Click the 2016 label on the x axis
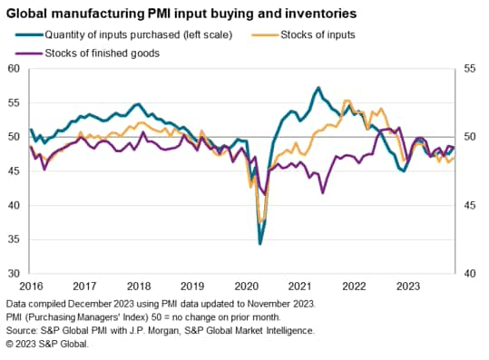click(32, 285)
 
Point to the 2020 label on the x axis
click(248, 285)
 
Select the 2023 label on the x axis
click(410, 285)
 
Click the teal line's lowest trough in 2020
click(260, 243)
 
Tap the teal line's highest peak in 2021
click(318, 88)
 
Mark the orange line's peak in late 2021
click(347, 101)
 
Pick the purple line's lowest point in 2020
click(264, 193)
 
